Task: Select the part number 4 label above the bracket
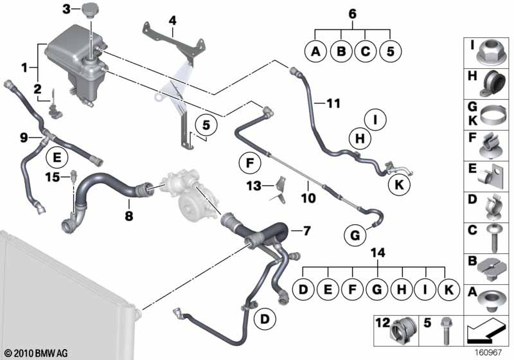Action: pos(172,21)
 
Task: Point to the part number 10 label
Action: pos(308,199)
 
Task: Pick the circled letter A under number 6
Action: pos(315,51)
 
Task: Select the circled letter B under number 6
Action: pos(341,51)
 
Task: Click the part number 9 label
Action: pos(24,137)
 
